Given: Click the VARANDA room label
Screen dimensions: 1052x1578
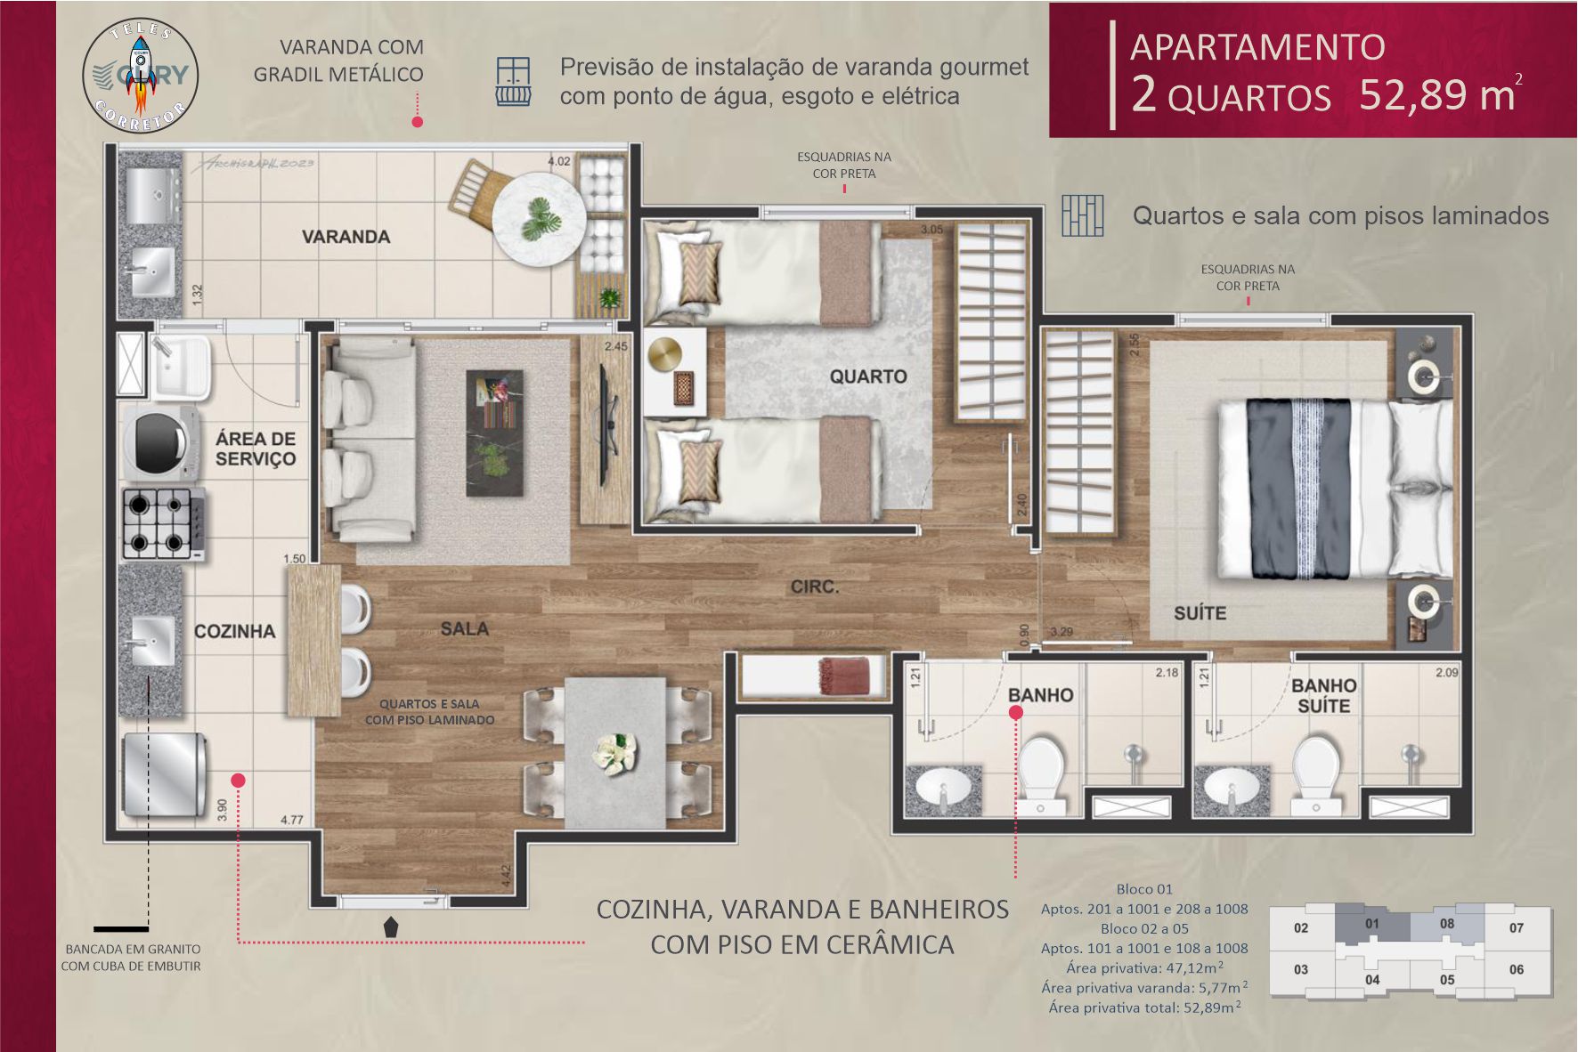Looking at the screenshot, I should coord(346,237).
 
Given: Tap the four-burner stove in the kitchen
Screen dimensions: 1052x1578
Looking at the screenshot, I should coord(161,522).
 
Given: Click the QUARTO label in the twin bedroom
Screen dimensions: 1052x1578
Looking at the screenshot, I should coord(867,376).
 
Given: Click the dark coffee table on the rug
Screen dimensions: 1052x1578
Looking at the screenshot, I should coord(495,433).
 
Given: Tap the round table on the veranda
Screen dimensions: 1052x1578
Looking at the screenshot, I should coord(539,218).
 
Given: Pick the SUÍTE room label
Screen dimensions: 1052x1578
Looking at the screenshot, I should coord(1200,613).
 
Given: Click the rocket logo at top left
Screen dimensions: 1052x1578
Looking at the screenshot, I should coord(141,76).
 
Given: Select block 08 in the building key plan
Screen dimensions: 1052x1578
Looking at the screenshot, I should coord(1447,924).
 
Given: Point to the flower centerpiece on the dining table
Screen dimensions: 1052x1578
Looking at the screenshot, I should coord(614,752).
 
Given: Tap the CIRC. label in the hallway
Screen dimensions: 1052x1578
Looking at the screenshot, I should coord(814,587).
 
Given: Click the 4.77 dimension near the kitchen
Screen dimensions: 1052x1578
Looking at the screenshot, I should coord(292,820).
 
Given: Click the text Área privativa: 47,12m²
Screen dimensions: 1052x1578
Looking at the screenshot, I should coord(1143,967).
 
